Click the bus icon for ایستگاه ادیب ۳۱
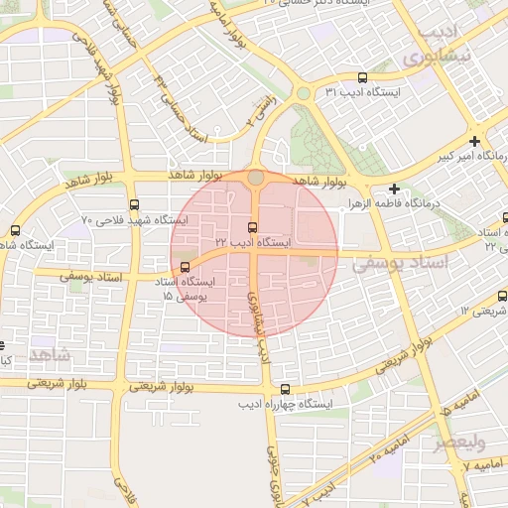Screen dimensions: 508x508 click(x=362, y=77)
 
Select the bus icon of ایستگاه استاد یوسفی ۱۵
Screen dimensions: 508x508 click(x=186, y=267)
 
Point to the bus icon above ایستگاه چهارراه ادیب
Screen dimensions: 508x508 click(x=286, y=390)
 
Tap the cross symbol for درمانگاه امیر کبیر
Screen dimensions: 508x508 click(x=475, y=141)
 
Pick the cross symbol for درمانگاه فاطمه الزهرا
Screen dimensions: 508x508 click(x=395, y=189)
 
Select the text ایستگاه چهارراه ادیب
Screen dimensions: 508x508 click(x=286, y=405)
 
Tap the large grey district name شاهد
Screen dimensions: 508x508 click(x=51, y=353)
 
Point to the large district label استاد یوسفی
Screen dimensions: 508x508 click(x=402, y=263)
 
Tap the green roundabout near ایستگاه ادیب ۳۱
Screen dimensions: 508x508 click(x=302, y=94)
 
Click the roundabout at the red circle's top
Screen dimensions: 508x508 click(x=256, y=177)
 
